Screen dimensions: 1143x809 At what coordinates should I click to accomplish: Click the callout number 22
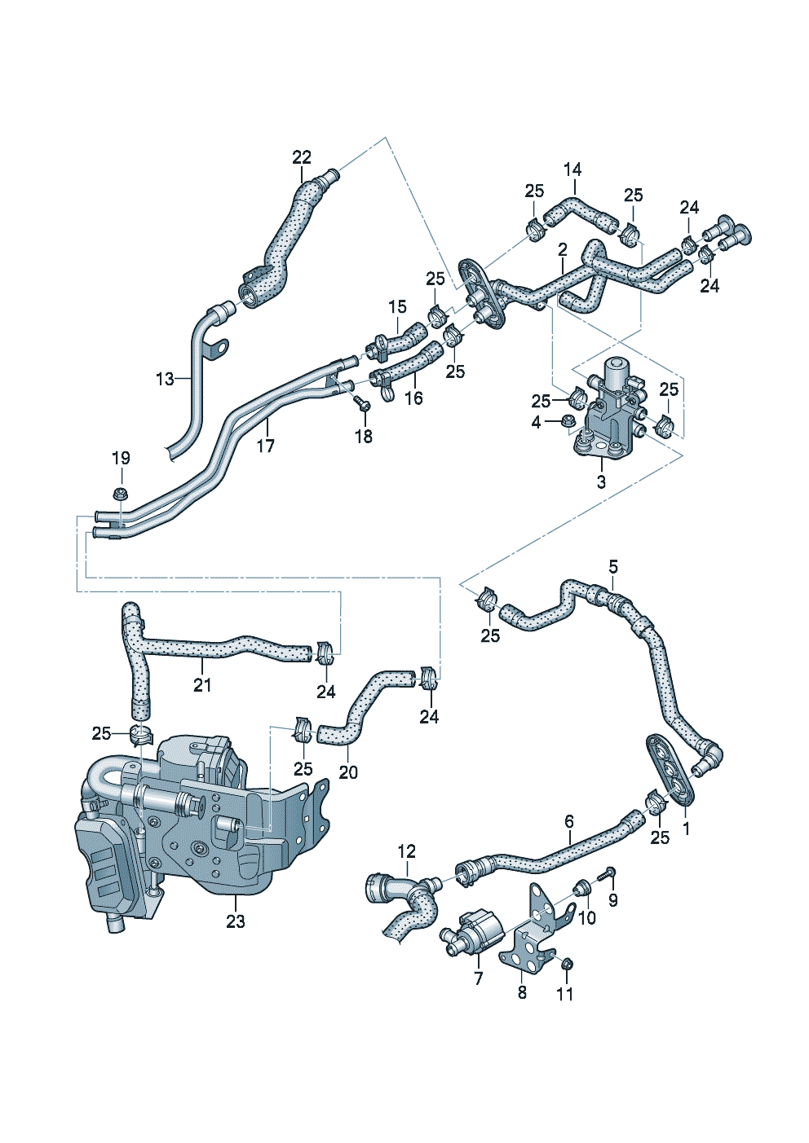(x=302, y=157)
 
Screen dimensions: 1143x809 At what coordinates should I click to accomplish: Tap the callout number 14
(x=572, y=169)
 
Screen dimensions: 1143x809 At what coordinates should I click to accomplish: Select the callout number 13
(x=166, y=379)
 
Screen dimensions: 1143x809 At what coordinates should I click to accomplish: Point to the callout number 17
(x=266, y=446)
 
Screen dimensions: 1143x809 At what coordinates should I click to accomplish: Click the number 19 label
(x=121, y=459)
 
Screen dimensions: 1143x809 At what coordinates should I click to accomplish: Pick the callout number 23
(x=235, y=921)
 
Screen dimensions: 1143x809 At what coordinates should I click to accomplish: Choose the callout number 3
(x=601, y=481)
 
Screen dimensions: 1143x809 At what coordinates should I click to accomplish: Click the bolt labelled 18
(x=363, y=402)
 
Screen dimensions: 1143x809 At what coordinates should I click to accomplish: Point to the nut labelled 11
(x=568, y=965)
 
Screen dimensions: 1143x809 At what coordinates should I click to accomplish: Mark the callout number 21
(x=201, y=685)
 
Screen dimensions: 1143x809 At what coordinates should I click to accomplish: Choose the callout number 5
(x=613, y=566)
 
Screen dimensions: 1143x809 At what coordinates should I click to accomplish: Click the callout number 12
(x=406, y=851)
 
